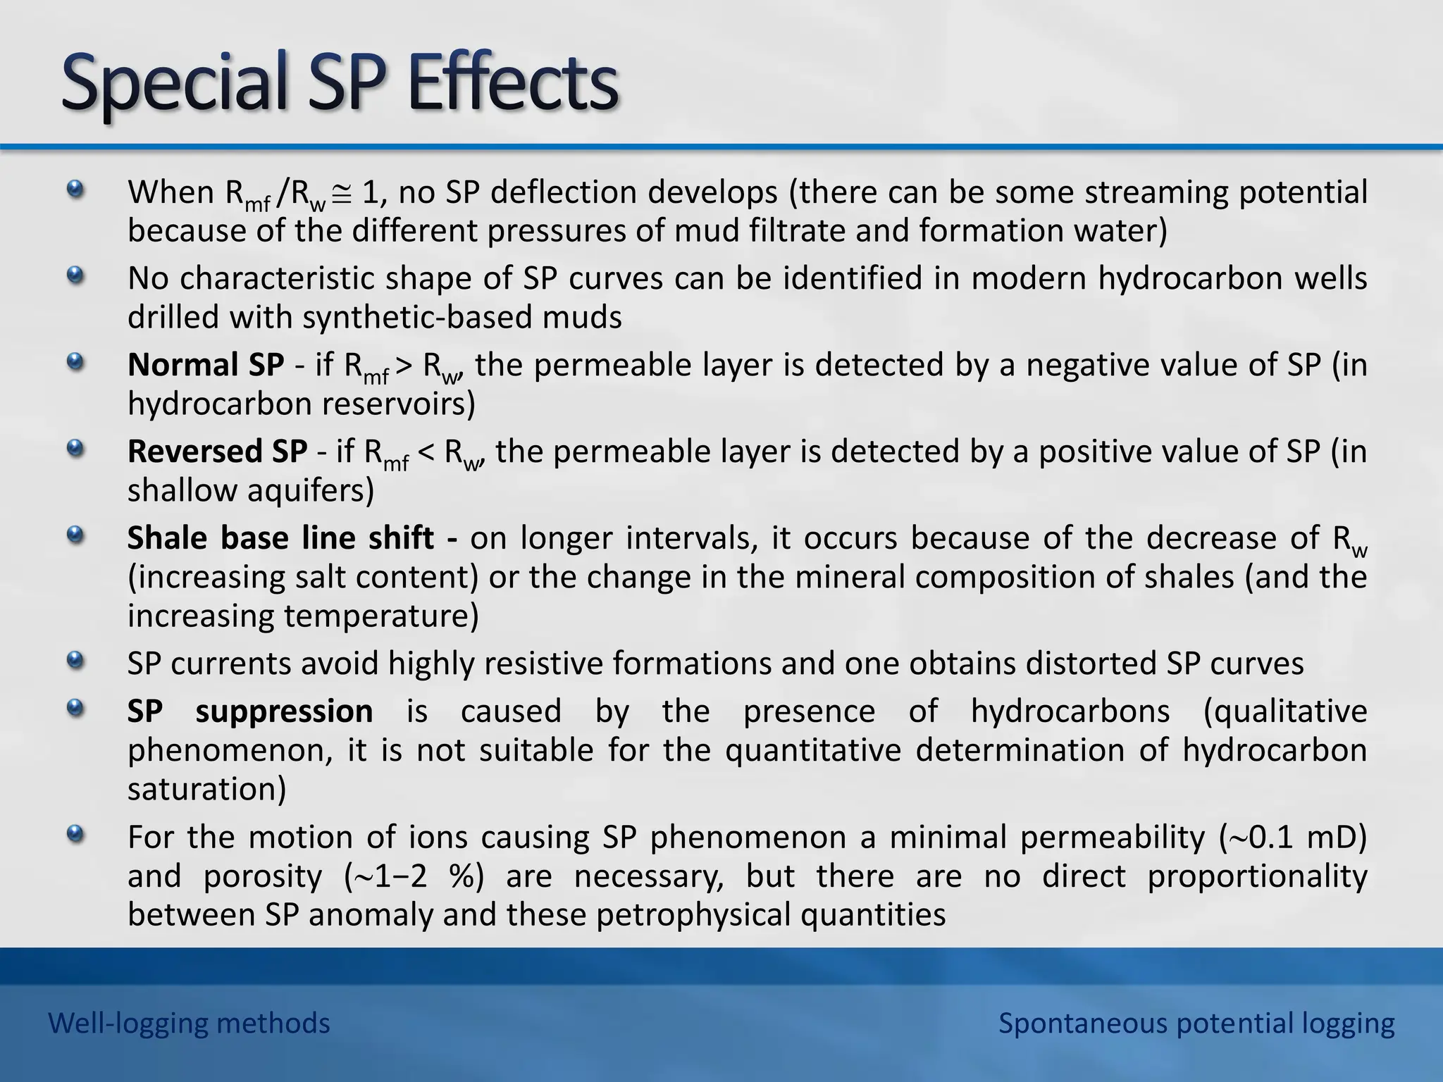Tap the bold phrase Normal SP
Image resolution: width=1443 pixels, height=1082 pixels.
[x=206, y=365]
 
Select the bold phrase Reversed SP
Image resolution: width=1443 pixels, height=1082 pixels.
[x=217, y=452]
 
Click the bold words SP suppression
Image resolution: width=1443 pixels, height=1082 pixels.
[x=250, y=711]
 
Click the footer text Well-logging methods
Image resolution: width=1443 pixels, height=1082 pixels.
[x=189, y=1023]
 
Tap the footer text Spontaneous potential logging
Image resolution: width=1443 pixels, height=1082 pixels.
[x=1196, y=1023]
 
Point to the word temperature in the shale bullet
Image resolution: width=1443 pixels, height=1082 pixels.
[x=380, y=616]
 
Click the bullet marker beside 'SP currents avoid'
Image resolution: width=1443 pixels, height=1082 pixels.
[x=75, y=661]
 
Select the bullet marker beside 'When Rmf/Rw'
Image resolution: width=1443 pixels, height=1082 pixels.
[x=75, y=189]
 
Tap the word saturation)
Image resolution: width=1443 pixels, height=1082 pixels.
[x=206, y=789]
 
